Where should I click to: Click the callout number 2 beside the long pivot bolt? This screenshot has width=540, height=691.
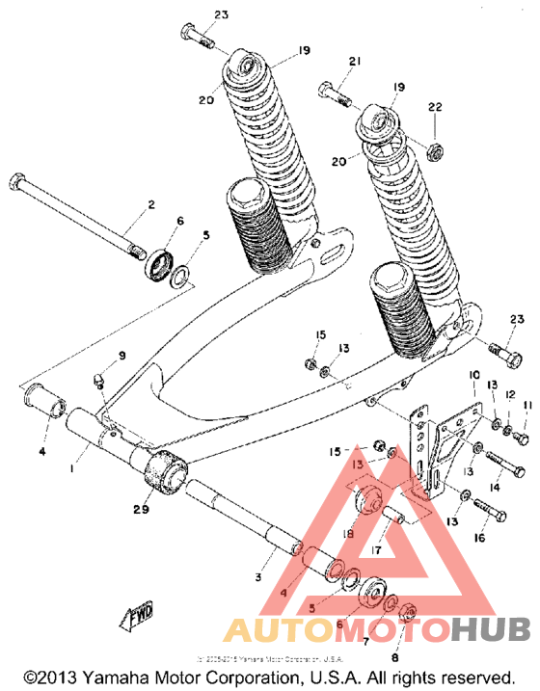[150, 205]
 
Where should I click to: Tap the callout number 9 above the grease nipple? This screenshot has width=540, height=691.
[122, 356]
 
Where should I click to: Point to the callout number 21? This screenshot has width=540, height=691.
[354, 62]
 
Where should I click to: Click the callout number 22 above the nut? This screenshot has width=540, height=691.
[435, 106]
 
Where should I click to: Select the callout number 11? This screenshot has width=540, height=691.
[527, 406]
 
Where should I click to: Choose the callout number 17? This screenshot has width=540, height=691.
[377, 551]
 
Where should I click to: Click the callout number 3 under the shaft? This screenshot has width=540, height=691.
[258, 576]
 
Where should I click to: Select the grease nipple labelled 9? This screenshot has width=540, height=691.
[100, 383]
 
